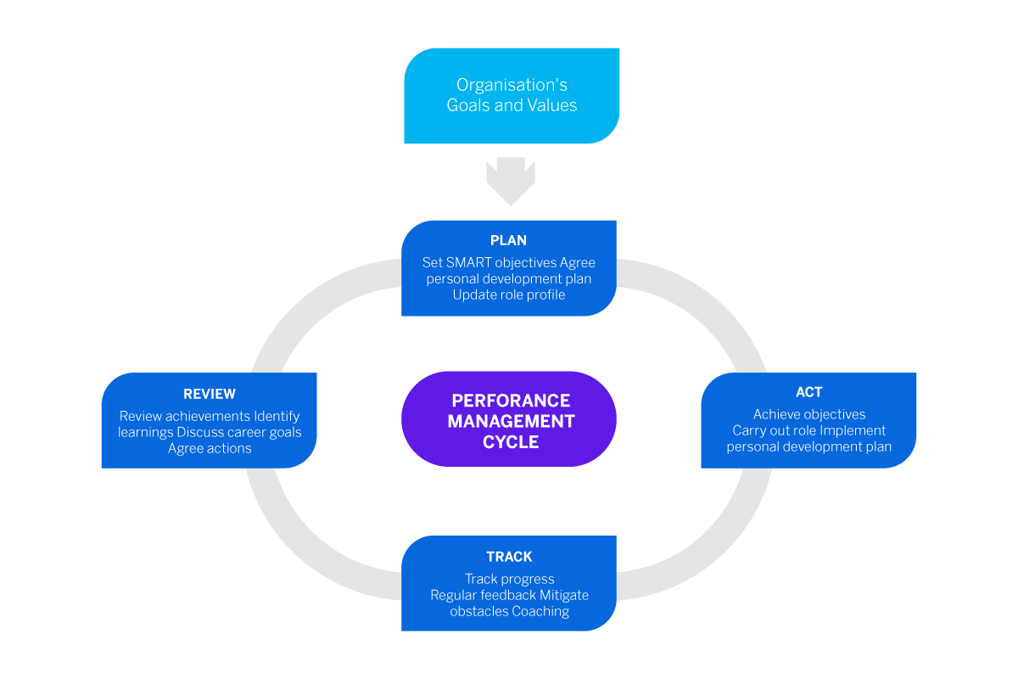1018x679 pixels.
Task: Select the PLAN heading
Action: [x=509, y=241]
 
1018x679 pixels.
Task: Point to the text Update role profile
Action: [x=509, y=295]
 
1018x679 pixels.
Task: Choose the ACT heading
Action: [x=808, y=392]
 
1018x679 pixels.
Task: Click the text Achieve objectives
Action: [x=809, y=414]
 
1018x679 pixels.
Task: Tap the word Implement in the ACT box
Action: [x=853, y=430]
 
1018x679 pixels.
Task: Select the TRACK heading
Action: [x=509, y=557]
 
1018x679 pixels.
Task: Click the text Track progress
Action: [x=509, y=579]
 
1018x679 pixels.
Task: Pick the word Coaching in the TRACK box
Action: [x=540, y=611]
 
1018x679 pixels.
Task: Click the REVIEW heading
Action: [x=210, y=394]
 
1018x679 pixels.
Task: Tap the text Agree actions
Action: [x=210, y=448]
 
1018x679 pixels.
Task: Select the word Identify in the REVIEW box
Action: [x=277, y=416]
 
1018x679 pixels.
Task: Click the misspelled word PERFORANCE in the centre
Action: [x=511, y=401]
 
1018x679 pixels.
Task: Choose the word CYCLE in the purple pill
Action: [x=511, y=442]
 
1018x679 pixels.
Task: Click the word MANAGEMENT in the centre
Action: [x=511, y=421]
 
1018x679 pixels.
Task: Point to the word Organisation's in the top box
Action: [x=512, y=85]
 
